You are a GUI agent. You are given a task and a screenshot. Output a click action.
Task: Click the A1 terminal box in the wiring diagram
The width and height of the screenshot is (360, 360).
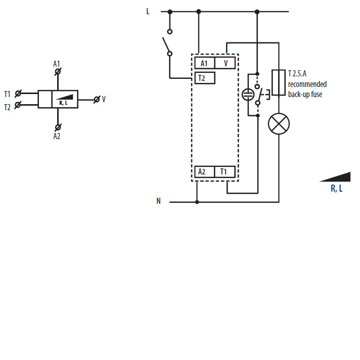[204, 63]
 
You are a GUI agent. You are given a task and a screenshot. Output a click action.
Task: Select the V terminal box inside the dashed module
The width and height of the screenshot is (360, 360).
[226, 63]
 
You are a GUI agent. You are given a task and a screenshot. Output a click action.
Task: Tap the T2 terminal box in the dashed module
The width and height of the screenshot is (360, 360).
[204, 78]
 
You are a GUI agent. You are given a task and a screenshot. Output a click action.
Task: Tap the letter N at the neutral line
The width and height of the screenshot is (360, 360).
[158, 201]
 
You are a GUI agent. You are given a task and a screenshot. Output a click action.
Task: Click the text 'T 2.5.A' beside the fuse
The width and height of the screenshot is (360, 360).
[297, 74]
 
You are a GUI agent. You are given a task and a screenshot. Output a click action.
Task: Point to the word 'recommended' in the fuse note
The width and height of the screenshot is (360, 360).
[307, 84]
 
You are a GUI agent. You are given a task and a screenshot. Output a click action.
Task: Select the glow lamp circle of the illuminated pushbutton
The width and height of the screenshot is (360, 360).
[248, 94]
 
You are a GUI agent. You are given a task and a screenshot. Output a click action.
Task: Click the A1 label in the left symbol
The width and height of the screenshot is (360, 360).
[57, 64]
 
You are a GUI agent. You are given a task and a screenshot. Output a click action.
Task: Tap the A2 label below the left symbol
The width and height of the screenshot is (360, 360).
[57, 136]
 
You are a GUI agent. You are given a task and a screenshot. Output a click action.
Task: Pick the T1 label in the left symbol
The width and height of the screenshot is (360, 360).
[7, 94]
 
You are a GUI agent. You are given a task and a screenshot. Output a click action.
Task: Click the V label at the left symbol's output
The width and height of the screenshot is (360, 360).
[104, 99]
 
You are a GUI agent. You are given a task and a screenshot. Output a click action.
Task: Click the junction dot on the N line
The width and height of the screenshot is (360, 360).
[197, 202]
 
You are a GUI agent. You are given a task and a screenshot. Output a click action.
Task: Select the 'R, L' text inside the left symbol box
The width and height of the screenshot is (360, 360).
[65, 103]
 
